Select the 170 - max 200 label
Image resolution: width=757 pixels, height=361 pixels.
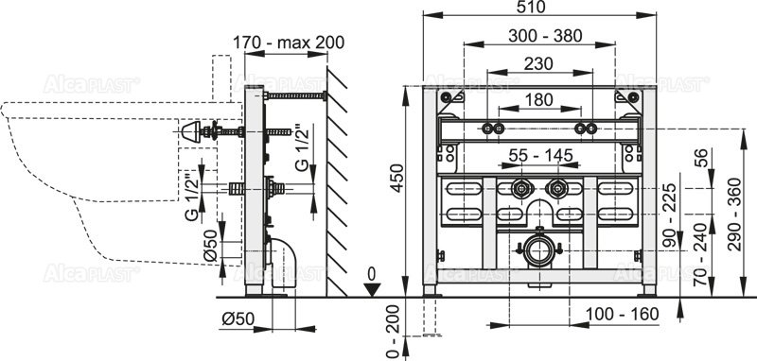tap(288, 42)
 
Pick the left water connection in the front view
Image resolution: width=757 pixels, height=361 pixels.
tap(520, 188)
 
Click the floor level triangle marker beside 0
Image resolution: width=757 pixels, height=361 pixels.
tap(373, 290)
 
